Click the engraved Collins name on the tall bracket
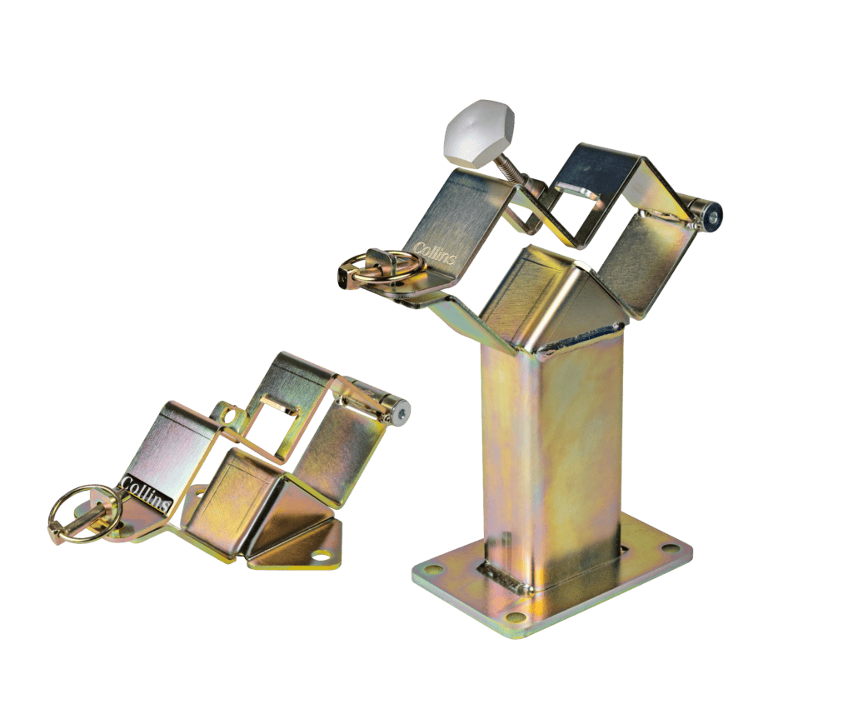pyautogui.click(x=433, y=253)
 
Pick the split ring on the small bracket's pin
pyautogui.click(x=77, y=514)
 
